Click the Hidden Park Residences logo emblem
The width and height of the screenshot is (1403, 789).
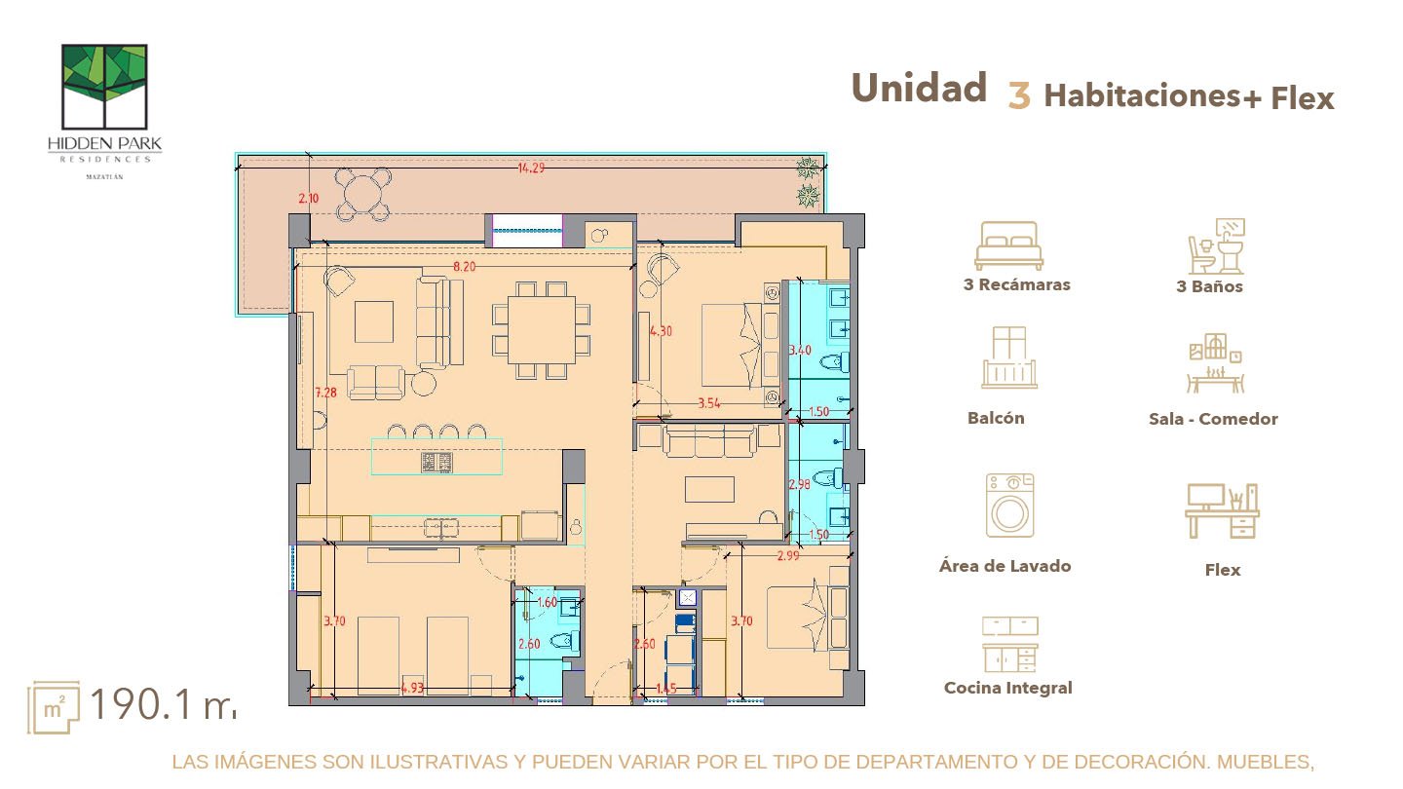pyautogui.click(x=104, y=87)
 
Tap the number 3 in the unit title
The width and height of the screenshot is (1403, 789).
pyautogui.click(x=1019, y=96)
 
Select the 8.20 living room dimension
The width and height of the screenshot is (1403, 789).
pyautogui.click(x=464, y=266)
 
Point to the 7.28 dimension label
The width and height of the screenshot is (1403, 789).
pyautogui.click(x=325, y=394)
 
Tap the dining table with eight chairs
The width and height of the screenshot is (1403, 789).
pyautogui.click(x=541, y=330)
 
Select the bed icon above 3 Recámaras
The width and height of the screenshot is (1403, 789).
pyautogui.click(x=1009, y=245)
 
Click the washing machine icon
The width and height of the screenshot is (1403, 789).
pyautogui.click(x=1009, y=506)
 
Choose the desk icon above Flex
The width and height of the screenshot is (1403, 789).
pyautogui.click(x=1222, y=511)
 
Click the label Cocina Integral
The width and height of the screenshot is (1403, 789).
pyautogui.click(x=1007, y=688)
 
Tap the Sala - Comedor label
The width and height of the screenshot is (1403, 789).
pyautogui.click(x=1213, y=419)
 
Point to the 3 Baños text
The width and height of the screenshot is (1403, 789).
pyautogui.click(x=1209, y=286)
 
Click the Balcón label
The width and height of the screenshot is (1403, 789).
pyautogui.click(x=996, y=418)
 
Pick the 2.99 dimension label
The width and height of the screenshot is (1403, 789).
pyautogui.click(x=788, y=556)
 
